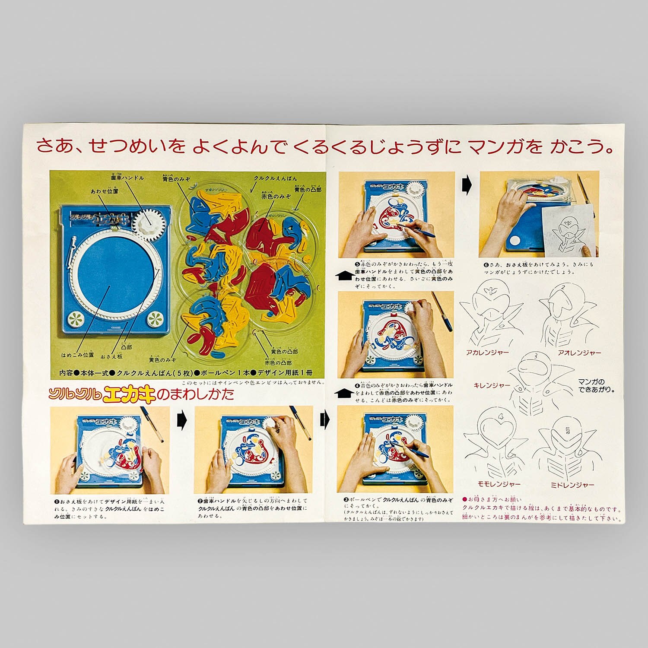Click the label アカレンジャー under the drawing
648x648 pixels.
[487, 353]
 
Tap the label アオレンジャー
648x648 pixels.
[579, 353]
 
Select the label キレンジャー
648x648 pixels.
[492, 385]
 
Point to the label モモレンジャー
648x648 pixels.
[499, 485]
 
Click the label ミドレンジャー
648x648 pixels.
[572, 485]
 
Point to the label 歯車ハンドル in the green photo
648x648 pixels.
[127, 178]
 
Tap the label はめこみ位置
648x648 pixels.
[77, 355]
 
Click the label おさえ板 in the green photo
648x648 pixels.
[111, 356]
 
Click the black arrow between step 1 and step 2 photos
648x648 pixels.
[181, 419]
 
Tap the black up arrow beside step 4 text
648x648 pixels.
[345, 393]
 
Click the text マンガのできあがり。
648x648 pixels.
[596, 385]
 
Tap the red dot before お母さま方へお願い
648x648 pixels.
[464, 499]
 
